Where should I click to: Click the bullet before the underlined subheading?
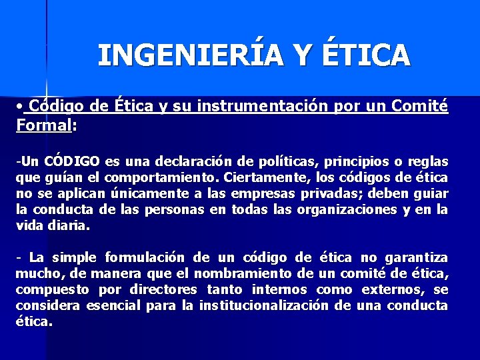tap(21, 106)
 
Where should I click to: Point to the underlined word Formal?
tap(43, 125)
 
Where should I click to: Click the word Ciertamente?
tap(257, 177)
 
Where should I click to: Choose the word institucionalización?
tap(264, 305)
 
